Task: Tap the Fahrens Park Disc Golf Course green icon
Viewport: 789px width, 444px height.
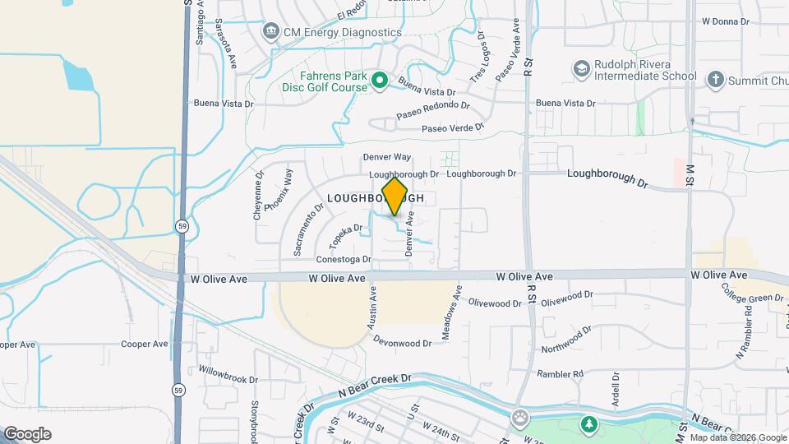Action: tap(379, 80)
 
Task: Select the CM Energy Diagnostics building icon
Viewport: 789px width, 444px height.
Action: tap(270, 32)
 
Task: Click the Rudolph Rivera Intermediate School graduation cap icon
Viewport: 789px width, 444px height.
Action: tap(582, 67)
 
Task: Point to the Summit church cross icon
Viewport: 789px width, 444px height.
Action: tap(715, 79)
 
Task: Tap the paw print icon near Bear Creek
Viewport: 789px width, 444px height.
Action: tap(519, 418)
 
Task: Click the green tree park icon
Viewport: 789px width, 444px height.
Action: tap(588, 424)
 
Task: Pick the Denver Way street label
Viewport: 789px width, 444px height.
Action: tap(386, 157)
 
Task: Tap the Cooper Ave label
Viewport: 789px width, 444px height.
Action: tap(144, 344)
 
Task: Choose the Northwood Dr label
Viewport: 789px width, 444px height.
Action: tap(566, 340)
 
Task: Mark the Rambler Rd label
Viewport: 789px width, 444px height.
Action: tap(560, 374)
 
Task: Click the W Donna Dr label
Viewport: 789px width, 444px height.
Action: tap(726, 21)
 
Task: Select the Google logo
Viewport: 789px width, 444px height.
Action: tap(27, 434)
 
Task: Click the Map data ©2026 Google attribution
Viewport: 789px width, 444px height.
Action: tap(737, 437)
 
